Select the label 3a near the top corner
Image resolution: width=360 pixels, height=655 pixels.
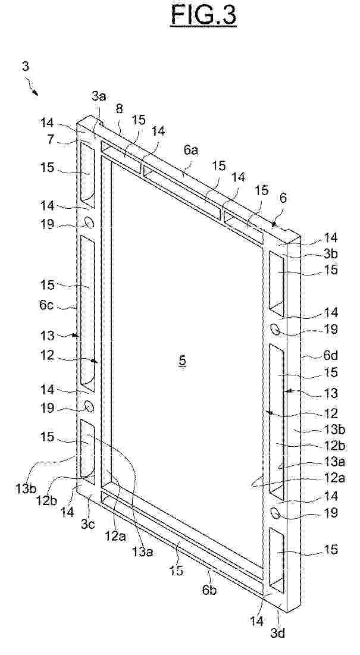click(x=99, y=96)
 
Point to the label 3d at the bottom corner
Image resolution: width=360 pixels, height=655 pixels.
click(x=278, y=633)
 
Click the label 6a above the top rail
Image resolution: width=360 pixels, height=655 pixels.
click(x=191, y=151)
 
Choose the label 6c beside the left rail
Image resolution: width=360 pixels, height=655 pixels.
click(x=47, y=305)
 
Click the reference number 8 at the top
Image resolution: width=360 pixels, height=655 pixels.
click(x=120, y=109)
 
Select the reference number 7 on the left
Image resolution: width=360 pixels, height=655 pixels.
click(x=50, y=139)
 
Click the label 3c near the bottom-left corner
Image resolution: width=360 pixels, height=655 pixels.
click(x=88, y=524)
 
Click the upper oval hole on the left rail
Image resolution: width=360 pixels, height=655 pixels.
click(x=89, y=222)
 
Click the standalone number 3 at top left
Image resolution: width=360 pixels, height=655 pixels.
click(x=26, y=66)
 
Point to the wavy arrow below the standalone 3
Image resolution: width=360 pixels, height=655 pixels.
click(x=32, y=87)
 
